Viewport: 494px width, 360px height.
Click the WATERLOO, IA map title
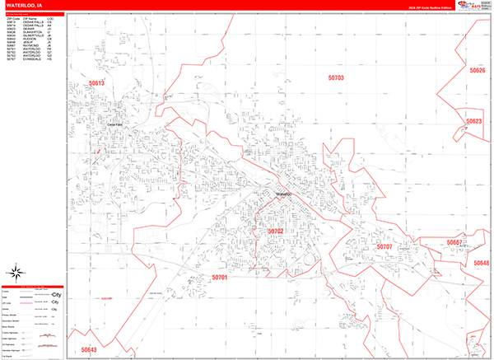tap(29, 6)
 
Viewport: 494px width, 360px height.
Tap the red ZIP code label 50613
tap(97, 83)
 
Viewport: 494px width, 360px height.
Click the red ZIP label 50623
tap(473, 121)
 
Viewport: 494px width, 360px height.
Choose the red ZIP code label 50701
tap(220, 278)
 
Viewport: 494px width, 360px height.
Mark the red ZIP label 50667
tap(454, 243)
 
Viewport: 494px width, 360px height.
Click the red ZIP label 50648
tap(481, 263)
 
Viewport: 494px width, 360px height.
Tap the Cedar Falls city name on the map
tap(114, 124)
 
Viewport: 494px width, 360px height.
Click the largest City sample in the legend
tap(57, 294)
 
